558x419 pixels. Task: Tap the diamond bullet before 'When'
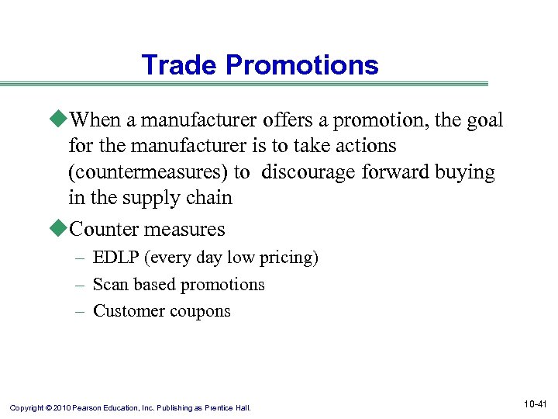(61, 120)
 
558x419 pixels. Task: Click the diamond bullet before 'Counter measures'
(61, 230)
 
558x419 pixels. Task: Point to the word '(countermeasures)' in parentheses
(155, 172)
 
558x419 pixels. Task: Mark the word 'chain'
(210, 198)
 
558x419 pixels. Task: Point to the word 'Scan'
(108, 285)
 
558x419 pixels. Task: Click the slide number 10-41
(536, 404)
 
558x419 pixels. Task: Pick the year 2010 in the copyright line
(62, 407)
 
